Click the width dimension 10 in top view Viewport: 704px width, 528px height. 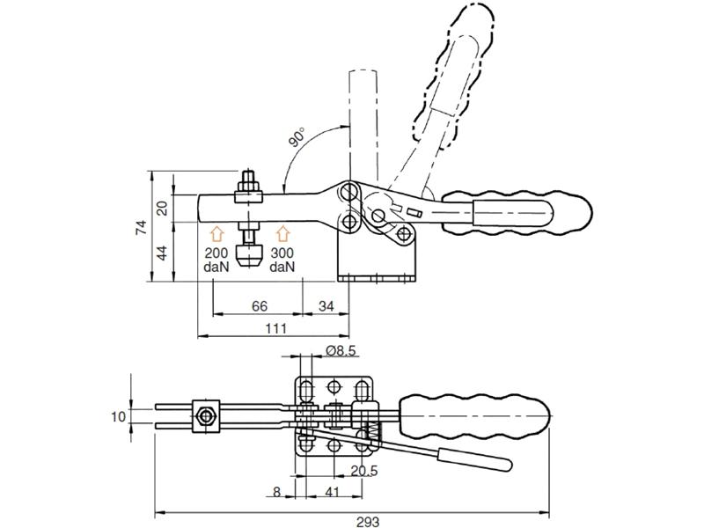120,416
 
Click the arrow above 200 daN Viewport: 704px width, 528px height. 217,233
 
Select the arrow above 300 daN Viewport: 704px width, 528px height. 282,233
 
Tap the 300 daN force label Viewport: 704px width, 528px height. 282,259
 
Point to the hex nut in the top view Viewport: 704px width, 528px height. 205,416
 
